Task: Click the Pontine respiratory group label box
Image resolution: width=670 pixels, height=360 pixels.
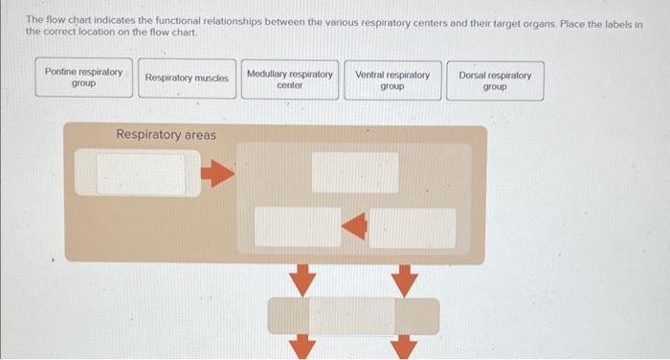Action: [84, 79]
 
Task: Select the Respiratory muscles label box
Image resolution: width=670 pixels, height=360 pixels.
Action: [187, 79]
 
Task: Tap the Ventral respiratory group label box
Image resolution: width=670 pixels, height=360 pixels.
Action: [392, 79]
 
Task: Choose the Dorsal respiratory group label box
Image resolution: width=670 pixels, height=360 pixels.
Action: [495, 79]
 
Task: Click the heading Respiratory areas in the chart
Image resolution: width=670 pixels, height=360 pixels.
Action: [166, 135]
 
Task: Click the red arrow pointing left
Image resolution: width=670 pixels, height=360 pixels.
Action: [355, 227]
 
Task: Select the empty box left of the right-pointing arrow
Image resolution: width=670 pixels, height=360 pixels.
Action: [140, 173]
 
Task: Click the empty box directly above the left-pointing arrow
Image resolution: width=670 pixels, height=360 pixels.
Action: [355, 172]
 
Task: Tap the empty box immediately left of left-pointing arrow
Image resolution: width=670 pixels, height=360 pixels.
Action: [298, 227]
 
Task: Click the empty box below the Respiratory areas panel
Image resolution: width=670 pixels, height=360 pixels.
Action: [352, 316]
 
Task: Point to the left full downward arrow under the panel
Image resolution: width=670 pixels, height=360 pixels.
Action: [301, 281]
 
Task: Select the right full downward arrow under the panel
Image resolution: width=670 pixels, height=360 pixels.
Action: [406, 281]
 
